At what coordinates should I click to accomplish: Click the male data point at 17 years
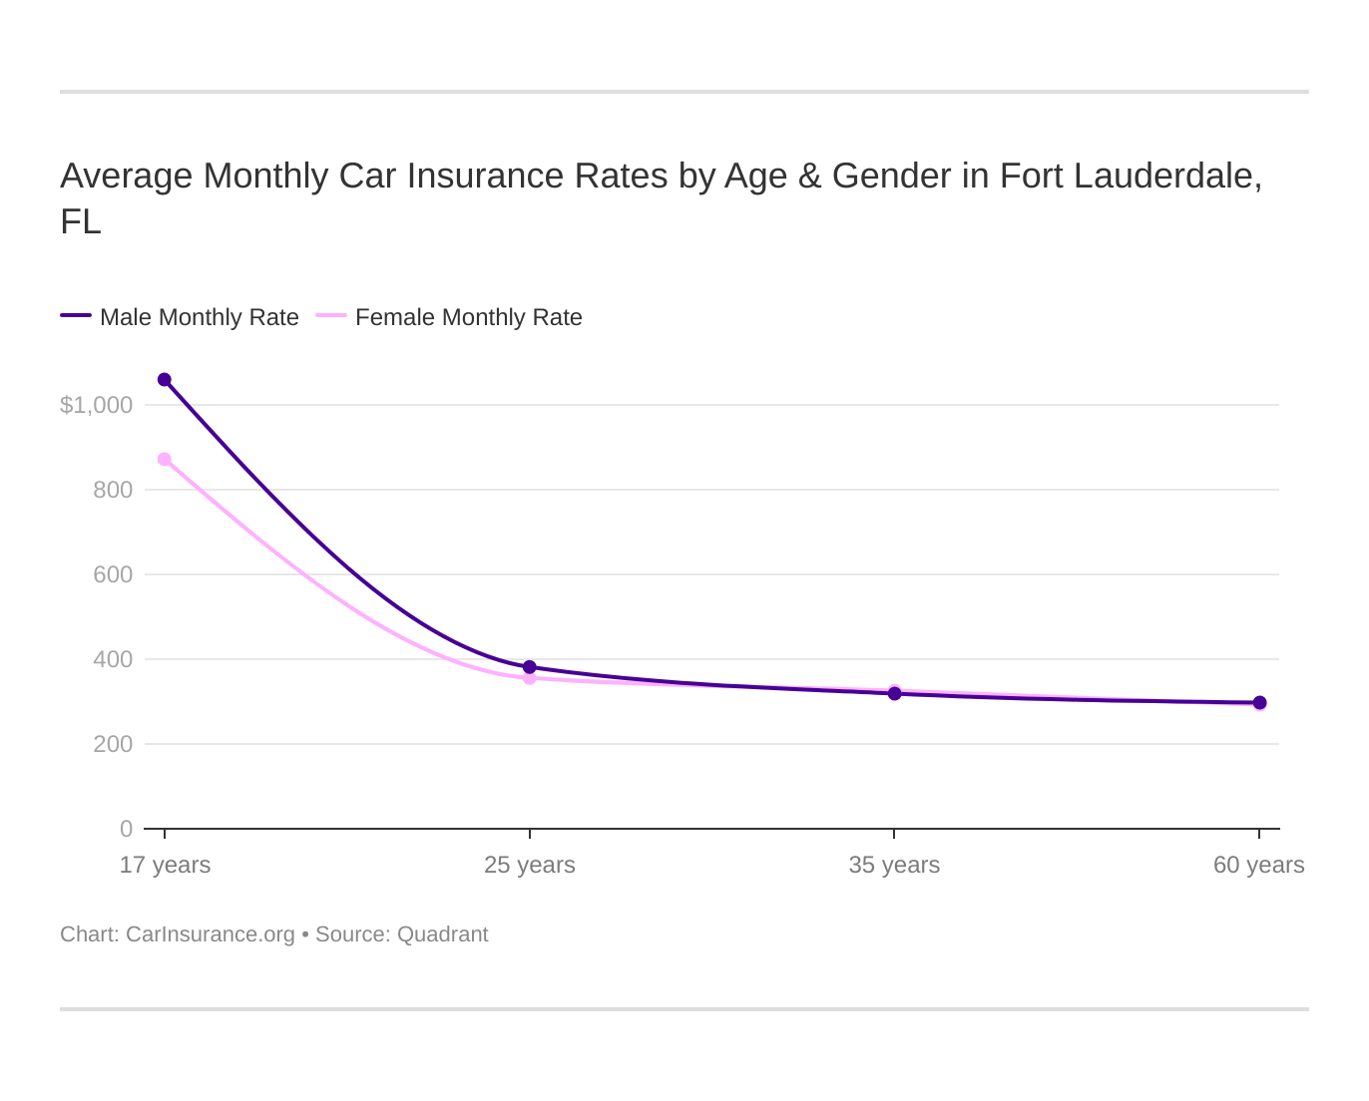(165, 380)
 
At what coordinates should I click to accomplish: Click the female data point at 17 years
(165, 460)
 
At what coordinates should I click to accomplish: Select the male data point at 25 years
(530, 667)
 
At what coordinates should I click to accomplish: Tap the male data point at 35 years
(894, 693)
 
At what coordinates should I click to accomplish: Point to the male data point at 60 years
(1259, 703)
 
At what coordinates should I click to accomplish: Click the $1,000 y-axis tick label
(96, 405)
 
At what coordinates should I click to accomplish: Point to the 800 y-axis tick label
(113, 490)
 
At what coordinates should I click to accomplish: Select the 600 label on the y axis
(113, 574)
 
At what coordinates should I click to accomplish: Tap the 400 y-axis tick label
(113, 659)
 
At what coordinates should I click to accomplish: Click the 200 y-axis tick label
(113, 744)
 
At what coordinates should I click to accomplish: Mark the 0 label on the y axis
(126, 829)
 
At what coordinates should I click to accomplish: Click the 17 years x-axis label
(165, 865)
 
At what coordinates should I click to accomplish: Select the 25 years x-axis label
(530, 865)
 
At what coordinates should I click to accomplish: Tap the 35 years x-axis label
(894, 865)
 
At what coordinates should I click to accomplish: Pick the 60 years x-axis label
(1258, 865)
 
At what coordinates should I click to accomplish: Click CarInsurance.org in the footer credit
(210, 934)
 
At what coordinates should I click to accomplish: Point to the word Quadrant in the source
(442, 934)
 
